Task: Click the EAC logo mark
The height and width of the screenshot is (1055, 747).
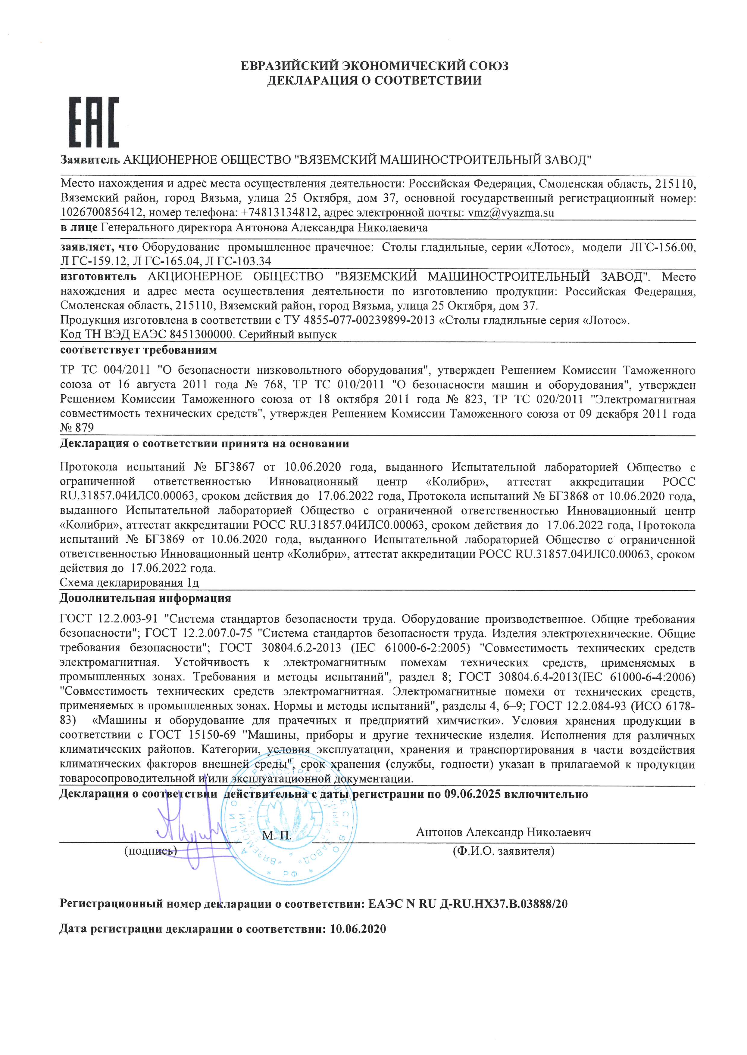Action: (94, 122)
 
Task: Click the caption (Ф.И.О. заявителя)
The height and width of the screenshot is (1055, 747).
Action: (504, 851)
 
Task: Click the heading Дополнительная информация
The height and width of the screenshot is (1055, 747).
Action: (145, 598)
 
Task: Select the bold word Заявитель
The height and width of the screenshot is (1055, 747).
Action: (90, 160)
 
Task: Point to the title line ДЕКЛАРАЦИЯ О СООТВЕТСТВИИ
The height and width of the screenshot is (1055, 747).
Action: (374, 81)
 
